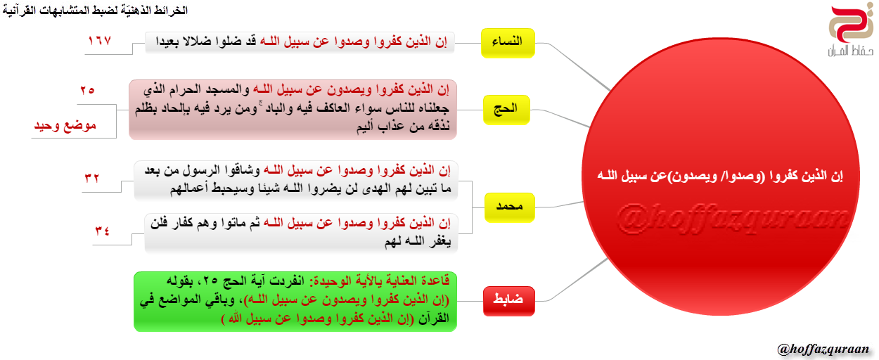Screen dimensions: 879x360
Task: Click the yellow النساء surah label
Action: coord(508,43)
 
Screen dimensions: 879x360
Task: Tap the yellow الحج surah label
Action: coord(506,110)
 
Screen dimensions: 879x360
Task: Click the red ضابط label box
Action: coord(508,301)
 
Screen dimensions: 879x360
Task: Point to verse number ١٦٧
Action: coord(99,40)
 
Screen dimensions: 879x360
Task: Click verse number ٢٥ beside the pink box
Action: coord(87,91)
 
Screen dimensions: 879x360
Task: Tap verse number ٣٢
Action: coord(92,178)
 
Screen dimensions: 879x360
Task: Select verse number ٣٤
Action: coord(103,231)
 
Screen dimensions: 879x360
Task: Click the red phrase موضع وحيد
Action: coord(65,125)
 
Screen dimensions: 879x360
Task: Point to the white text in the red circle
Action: coord(721,176)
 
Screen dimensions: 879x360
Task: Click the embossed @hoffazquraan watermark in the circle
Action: coord(733,219)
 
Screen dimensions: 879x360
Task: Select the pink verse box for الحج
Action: coord(293,110)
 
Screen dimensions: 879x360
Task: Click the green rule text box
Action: coord(295,302)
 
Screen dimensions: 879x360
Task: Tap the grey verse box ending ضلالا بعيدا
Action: coord(300,43)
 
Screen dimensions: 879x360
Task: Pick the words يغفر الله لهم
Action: coord(418,242)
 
